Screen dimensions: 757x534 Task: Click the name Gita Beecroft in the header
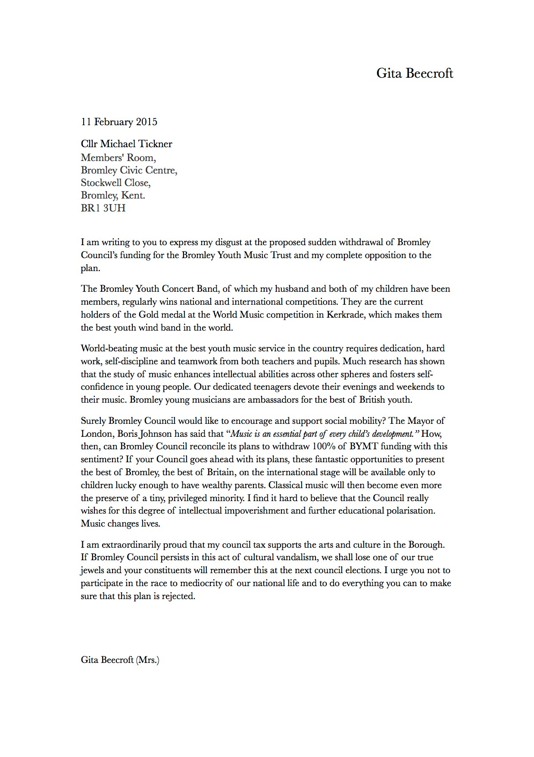pos(414,73)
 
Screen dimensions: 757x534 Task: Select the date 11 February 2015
pos(119,122)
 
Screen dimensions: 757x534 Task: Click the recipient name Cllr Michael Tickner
pos(126,144)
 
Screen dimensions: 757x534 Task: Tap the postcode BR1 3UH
pos(103,208)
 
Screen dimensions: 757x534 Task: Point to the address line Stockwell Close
pos(116,183)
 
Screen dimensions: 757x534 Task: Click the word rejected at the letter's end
pos(178,596)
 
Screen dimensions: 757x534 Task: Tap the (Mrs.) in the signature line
pos(147,660)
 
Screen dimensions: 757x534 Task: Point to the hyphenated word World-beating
pos(109,348)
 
